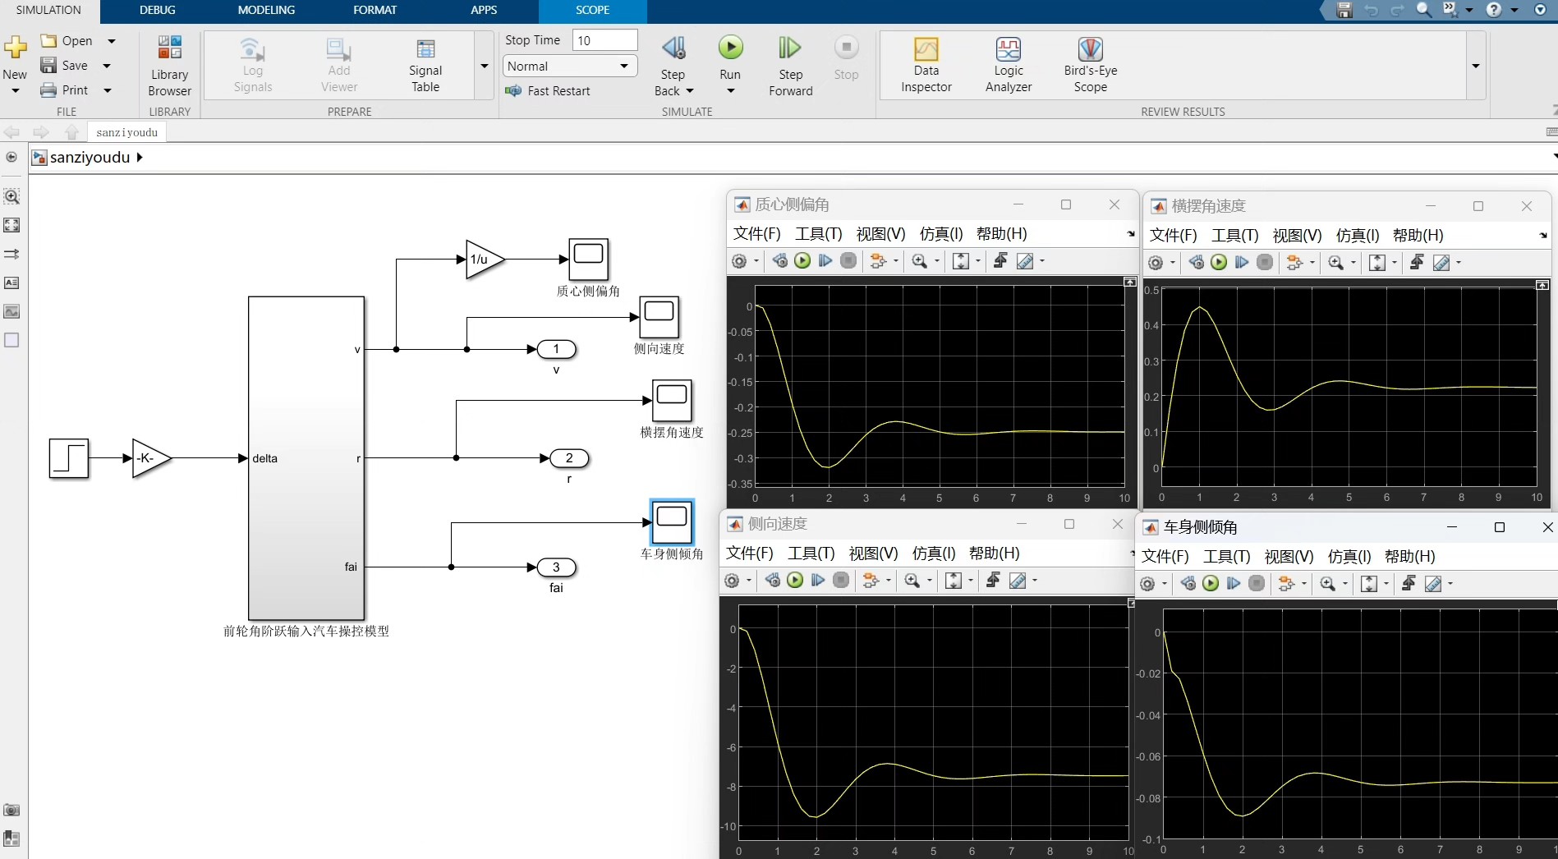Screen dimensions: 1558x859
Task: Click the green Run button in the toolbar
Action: click(x=730, y=48)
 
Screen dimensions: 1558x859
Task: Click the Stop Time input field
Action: click(x=604, y=40)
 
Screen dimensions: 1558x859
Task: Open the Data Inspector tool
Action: click(x=926, y=65)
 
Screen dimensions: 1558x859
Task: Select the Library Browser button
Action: click(x=169, y=65)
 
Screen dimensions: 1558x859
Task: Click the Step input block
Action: click(x=69, y=458)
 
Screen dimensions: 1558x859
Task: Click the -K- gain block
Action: click(x=150, y=458)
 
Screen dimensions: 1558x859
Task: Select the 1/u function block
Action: click(x=484, y=260)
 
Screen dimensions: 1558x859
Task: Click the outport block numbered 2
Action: click(x=569, y=458)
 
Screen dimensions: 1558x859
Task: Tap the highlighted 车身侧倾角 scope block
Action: click(x=672, y=521)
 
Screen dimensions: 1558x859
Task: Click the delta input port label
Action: click(x=264, y=458)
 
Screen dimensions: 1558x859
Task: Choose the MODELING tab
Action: click(x=266, y=10)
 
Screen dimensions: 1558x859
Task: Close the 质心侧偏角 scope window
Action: click(x=1114, y=204)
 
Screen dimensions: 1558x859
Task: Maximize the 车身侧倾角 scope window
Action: click(x=1499, y=527)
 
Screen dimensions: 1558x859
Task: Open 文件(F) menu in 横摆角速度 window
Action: click(x=1173, y=236)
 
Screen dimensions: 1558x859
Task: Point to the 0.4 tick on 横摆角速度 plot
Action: click(x=1151, y=326)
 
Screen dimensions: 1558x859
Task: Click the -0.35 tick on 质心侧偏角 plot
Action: click(x=740, y=484)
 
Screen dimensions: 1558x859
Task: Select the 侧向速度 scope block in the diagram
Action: click(x=659, y=317)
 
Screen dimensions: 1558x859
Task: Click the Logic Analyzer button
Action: click(x=1008, y=65)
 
